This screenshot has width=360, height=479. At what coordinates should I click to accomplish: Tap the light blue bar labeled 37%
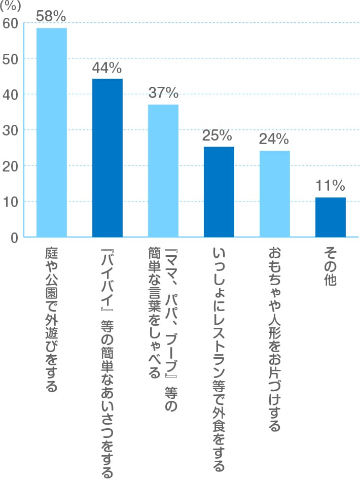pyautogui.click(x=163, y=170)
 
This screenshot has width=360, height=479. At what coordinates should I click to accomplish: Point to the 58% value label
pyautogui.click(x=51, y=16)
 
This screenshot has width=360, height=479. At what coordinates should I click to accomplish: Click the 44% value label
pyautogui.click(x=107, y=67)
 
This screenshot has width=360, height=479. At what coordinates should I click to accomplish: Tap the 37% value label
pyautogui.click(x=163, y=93)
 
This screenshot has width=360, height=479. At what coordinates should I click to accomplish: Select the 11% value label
pyautogui.click(x=330, y=185)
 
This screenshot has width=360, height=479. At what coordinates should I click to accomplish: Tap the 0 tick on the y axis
pyautogui.click(x=14, y=237)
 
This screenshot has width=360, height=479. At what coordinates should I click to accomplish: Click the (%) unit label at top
pyautogui.click(x=11, y=6)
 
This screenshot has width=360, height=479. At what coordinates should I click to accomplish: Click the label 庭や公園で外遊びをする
pyautogui.click(x=51, y=320)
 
